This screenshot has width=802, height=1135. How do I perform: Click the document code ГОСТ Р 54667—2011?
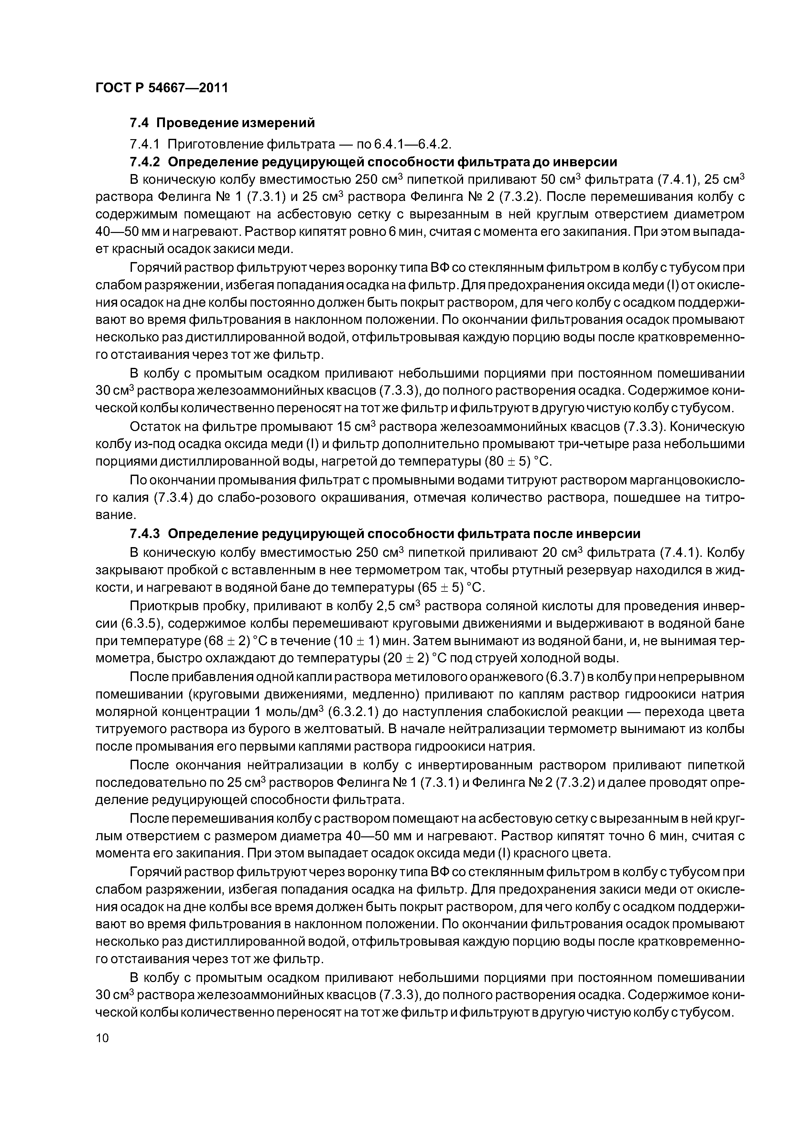[x=162, y=88]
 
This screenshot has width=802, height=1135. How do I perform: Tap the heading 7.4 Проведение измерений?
[x=222, y=122]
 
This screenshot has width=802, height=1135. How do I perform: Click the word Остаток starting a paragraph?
[x=154, y=427]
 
